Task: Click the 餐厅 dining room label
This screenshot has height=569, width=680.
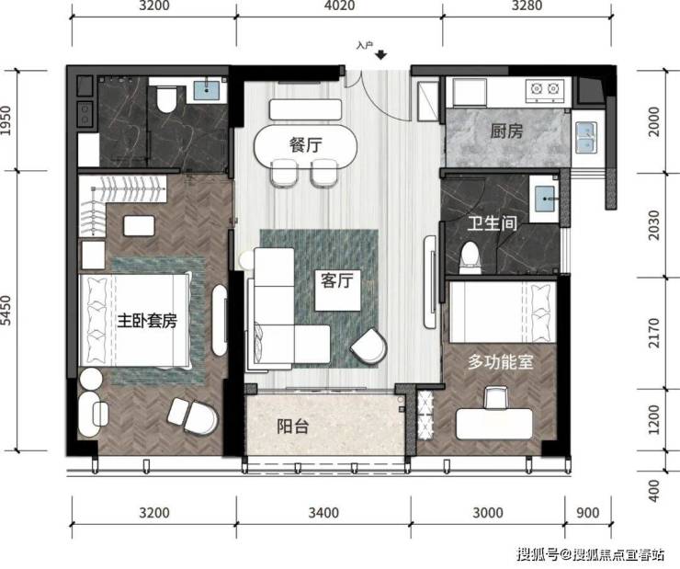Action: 306,144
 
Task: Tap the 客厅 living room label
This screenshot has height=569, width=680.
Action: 337,280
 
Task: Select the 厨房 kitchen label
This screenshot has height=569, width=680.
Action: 506,131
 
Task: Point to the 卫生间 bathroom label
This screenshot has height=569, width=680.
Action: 493,223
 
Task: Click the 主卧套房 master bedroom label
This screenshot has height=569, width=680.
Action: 147,321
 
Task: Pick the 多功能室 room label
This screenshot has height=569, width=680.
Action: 500,361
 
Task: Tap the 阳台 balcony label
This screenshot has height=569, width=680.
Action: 293,427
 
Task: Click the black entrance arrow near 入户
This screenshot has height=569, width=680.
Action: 381,54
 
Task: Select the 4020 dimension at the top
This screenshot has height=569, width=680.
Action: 339,6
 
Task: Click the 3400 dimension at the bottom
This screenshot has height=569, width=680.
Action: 323,513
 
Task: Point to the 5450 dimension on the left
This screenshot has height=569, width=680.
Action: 6,310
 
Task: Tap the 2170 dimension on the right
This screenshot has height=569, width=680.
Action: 653,333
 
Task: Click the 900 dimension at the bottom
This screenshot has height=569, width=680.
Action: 587,513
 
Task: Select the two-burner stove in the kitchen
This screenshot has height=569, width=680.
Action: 545,90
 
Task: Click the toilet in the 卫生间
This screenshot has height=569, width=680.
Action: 470,258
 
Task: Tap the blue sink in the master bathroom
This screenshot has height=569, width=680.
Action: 207,90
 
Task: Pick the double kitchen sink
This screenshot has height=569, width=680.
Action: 586,137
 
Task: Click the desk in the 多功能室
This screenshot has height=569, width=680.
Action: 494,424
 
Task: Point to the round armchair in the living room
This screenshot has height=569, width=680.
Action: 369,346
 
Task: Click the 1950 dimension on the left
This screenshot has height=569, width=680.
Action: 6,120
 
